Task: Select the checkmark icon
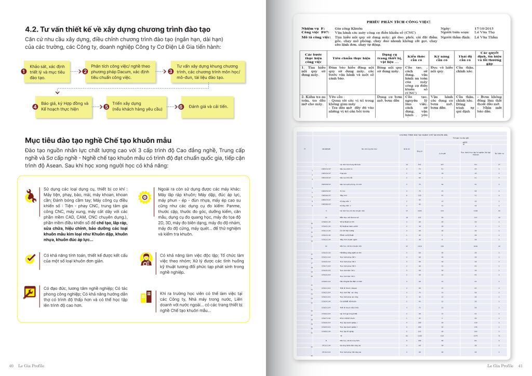pyautogui.click(x=31, y=258)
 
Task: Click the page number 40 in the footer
pyautogui.click(x=11, y=367)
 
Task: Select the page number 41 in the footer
pyautogui.click(x=522, y=367)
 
